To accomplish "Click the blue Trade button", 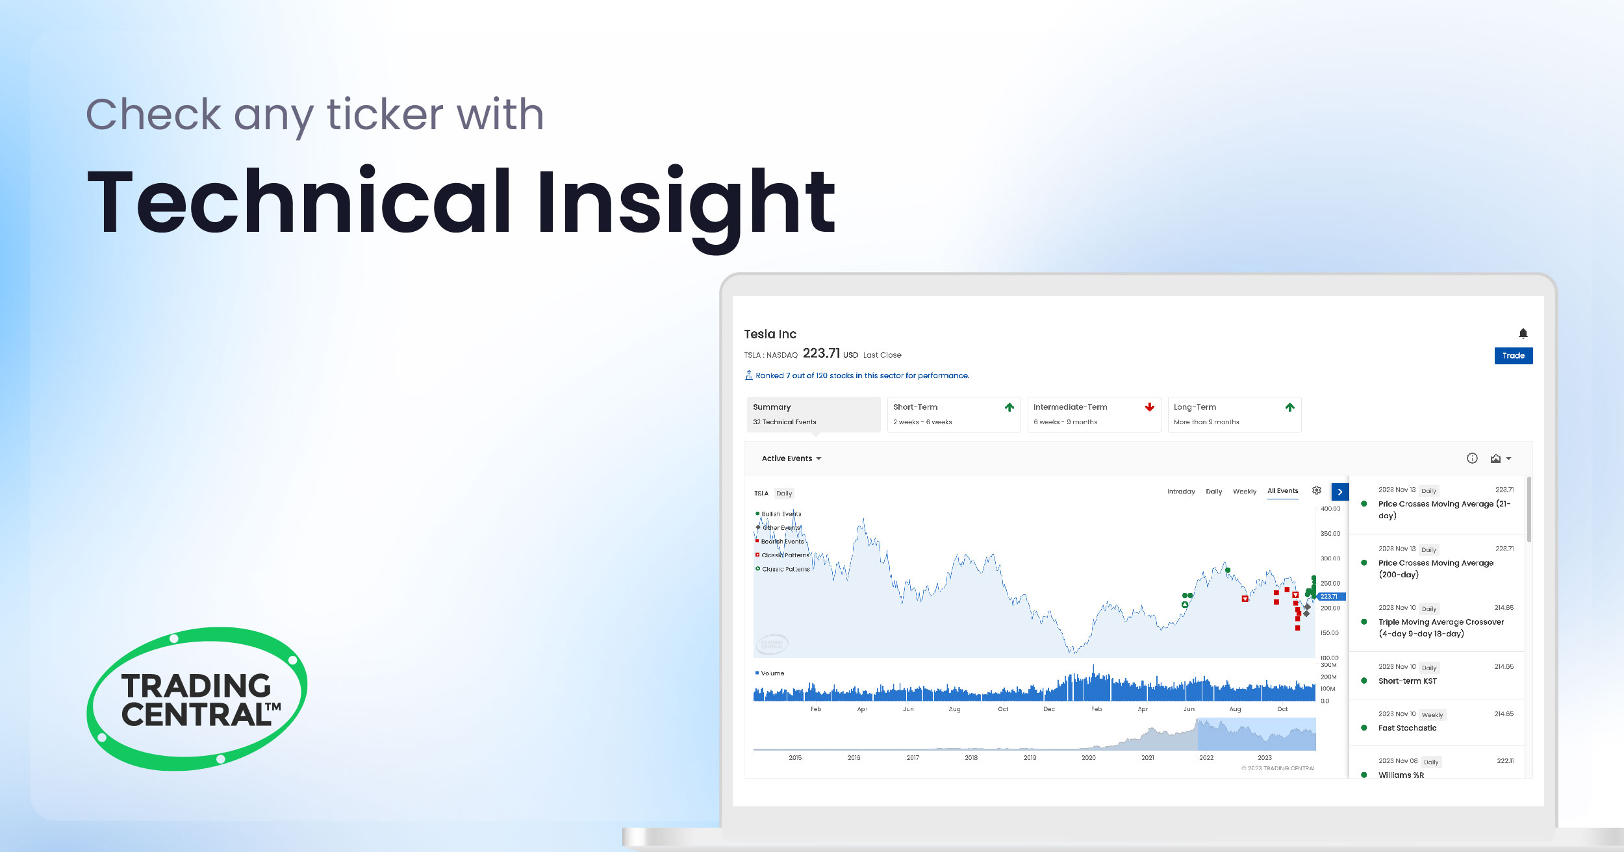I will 1513,356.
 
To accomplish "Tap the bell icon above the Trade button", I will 1523,334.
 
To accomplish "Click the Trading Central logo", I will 197,699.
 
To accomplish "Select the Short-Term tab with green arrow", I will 953,414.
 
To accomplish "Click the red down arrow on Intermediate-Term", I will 1149,407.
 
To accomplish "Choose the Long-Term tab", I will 1234,414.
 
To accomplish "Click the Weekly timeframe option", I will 1244,492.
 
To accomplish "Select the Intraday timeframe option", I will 1180,492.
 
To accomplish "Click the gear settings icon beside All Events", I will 1316,491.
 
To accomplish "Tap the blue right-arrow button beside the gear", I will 1339,492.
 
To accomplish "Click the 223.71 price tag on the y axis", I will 1330,596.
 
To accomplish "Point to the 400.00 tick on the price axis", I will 1330,509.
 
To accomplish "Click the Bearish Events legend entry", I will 781,542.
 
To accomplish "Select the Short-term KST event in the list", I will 1407,681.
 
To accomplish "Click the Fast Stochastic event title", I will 1407,728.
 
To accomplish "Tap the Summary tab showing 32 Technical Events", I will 813,414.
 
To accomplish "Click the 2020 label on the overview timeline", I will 1088,758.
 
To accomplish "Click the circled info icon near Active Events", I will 1472,458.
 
